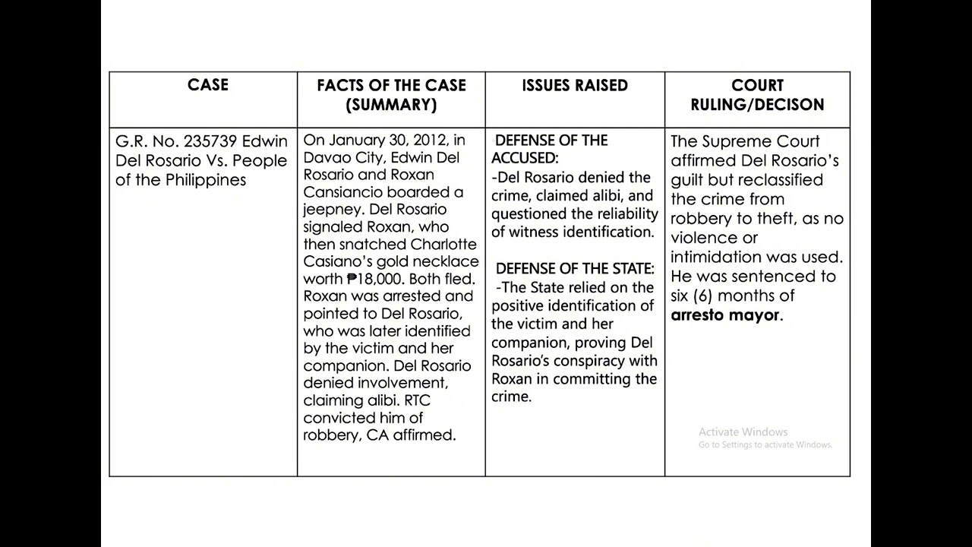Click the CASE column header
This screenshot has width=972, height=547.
point(207,85)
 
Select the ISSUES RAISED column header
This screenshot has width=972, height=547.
point(575,86)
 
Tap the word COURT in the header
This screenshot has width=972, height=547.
point(757,86)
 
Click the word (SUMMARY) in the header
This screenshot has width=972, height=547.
point(391,105)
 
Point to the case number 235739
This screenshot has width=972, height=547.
point(207,141)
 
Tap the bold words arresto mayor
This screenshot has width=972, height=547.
point(724,315)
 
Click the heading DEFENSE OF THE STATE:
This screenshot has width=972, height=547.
point(575,269)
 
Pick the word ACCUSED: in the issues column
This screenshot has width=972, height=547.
point(525,158)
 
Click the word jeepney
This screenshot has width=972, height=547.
point(331,210)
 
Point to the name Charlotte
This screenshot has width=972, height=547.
point(443,245)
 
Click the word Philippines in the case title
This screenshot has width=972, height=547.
point(206,180)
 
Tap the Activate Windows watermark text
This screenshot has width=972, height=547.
point(743,432)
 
